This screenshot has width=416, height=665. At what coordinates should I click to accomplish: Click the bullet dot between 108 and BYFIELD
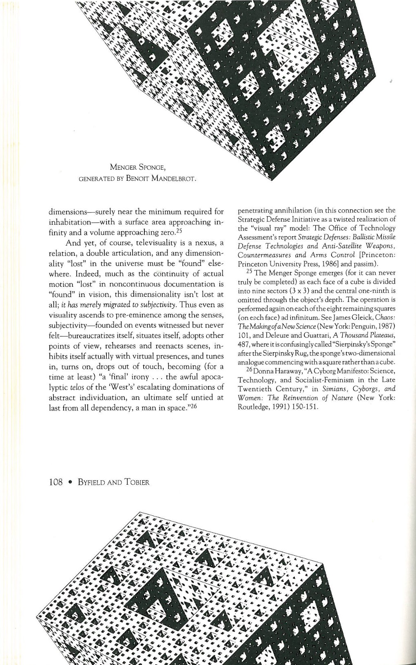coord(71,482)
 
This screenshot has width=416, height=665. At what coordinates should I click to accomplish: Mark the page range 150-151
coord(303,407)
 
